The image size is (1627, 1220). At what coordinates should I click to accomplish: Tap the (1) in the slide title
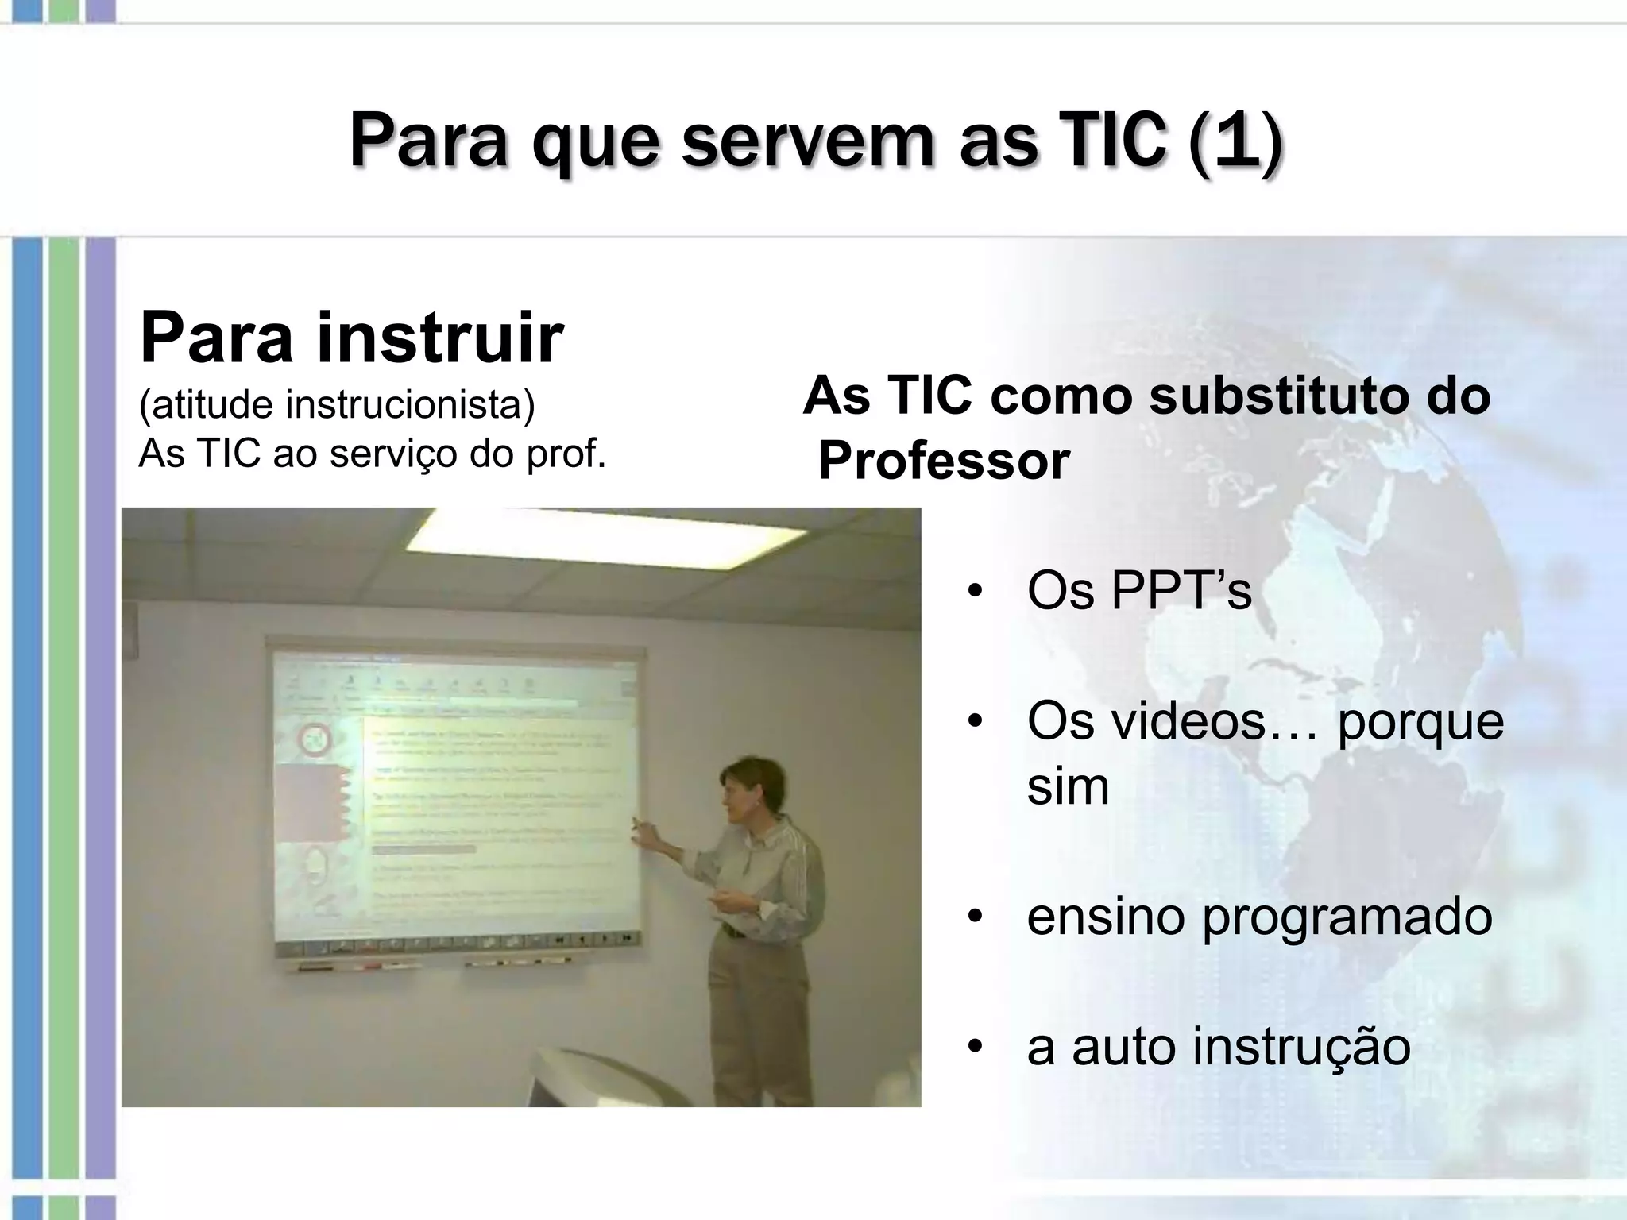click(x=1235, y=141)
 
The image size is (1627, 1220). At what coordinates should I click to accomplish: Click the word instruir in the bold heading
click(x=440, y=338)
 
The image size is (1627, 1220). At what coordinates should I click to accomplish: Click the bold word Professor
click(x=944, y=461)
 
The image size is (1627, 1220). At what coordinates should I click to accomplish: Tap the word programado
click(x=1347, y=917)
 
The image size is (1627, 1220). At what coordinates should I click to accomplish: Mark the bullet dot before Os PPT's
click(x=976, y=593)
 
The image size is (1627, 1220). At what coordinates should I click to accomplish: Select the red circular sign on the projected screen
click(x=314, y=742)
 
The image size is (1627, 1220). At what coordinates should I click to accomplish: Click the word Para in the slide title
click(x=428, y=141)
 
